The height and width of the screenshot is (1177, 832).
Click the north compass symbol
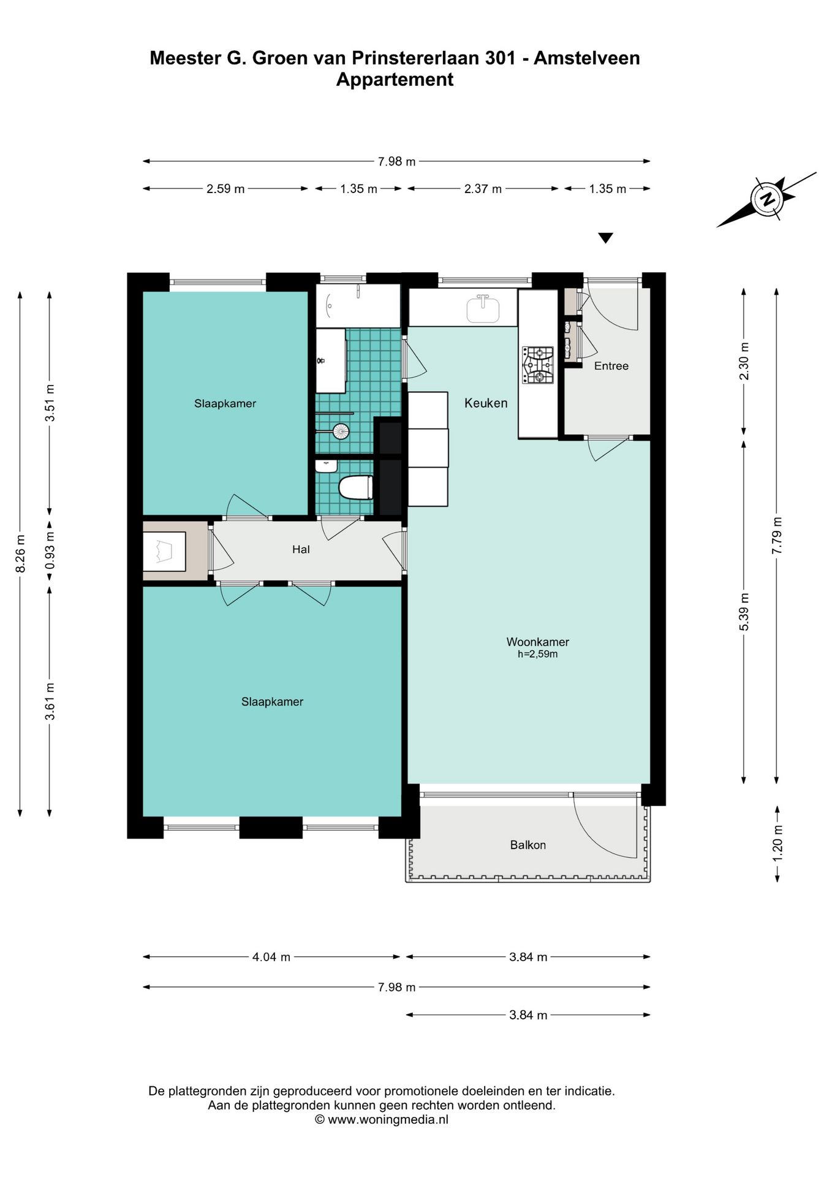[767, 199]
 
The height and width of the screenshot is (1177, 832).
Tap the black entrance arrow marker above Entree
[605, 238]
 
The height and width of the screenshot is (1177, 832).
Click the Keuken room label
[486, 403]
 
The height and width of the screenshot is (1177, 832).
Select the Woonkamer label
[537, 642]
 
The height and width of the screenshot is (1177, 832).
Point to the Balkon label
[528, 845]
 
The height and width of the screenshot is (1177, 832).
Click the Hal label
[301, 549]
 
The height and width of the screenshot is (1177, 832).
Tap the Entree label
[611, 366]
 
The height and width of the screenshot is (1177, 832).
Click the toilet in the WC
[355, 488]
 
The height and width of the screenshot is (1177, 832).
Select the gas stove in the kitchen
[537, 365]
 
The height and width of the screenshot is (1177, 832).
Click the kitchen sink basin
[483, 309]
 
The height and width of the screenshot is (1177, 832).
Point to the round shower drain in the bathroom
[341, 432]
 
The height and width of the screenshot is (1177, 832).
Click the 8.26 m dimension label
[20, 554]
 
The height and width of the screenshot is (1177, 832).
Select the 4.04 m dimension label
[271, 957]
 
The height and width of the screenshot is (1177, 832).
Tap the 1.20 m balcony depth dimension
[777, 843]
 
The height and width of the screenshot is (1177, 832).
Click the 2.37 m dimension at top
[483, 189]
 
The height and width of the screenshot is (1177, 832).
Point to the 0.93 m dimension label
[50, 549]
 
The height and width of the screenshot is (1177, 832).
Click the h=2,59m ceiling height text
[537, 654]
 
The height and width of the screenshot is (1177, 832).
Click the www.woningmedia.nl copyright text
[382, 1119]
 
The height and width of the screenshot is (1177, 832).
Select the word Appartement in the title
[395, 80]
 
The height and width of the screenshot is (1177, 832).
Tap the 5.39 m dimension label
[744, 612]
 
